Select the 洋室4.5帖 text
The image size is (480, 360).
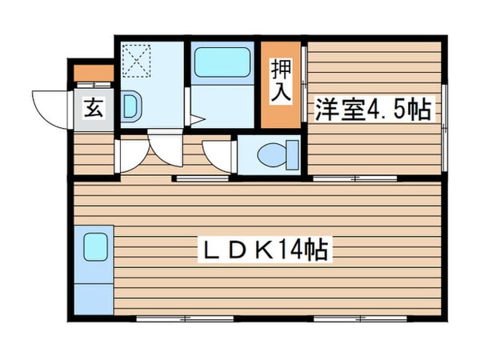click(374, 109)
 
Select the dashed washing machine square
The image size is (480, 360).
click(140, 57)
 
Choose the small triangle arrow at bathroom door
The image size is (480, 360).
click(196, 122)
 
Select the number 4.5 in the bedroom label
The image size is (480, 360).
click(388, 110)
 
